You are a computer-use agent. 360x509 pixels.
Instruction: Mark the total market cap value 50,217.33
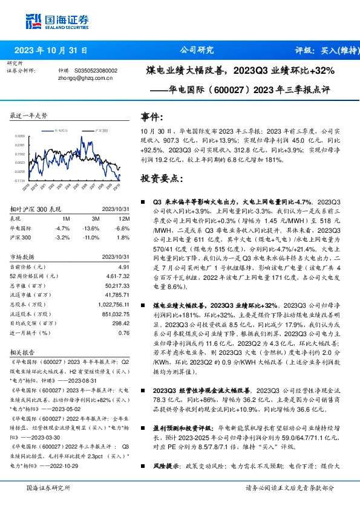pos(117,285)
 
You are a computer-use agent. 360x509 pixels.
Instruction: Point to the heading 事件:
pos(152,117)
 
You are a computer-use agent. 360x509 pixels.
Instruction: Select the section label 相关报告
pos(21,351)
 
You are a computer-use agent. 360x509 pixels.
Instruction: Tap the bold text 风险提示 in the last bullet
pos(162,466)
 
